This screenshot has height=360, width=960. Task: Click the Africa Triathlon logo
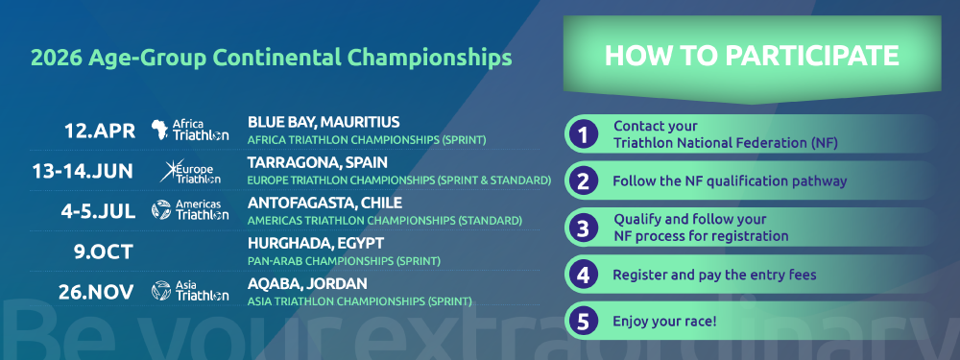[190, 130]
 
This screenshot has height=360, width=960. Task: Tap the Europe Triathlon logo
[190, 171]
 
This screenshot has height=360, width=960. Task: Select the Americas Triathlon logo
[190, 210]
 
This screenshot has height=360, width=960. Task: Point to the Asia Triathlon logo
[190, 291]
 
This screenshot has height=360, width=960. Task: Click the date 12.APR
[100, 131]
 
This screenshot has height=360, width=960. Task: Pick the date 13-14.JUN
[83, 171]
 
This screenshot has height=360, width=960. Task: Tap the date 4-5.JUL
[98, 211]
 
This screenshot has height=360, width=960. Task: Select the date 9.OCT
[104, 252]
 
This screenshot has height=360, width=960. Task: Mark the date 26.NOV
[95, 292]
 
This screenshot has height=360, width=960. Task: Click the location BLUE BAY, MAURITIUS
[324, 122]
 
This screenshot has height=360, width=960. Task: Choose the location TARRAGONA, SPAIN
[317, 162]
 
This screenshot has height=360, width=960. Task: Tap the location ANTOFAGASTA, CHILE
[324, 203]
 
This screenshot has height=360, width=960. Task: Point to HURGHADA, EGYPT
[315, 243]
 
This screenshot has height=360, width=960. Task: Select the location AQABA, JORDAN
[307, 283]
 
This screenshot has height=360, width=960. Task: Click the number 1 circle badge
[583, 134]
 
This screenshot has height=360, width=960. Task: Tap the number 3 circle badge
[583, 228]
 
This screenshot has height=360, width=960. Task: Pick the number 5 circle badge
[583, 322]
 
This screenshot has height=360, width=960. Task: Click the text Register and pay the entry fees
[714, 275]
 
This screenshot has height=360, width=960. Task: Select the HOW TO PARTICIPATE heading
[752, 56]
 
